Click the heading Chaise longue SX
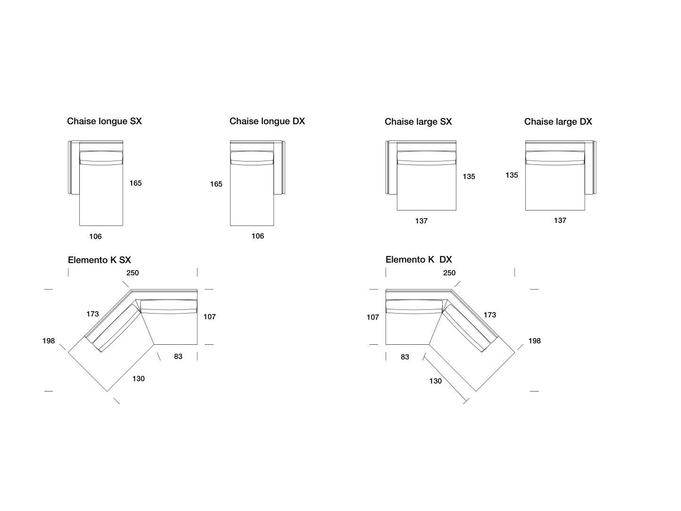(x=104, y=121)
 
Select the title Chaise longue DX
(x=267, y=121)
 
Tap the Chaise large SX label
(x=418, y=122)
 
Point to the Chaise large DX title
(x=558, y=122)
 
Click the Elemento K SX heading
(x=99, y=260)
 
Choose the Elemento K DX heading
(x=419, y=260)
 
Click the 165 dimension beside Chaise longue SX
(x=135, y=183)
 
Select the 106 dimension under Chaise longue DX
(x=258, y=236)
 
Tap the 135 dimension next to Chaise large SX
(x=469, y=177)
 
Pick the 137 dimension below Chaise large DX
(x=560, y=221)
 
